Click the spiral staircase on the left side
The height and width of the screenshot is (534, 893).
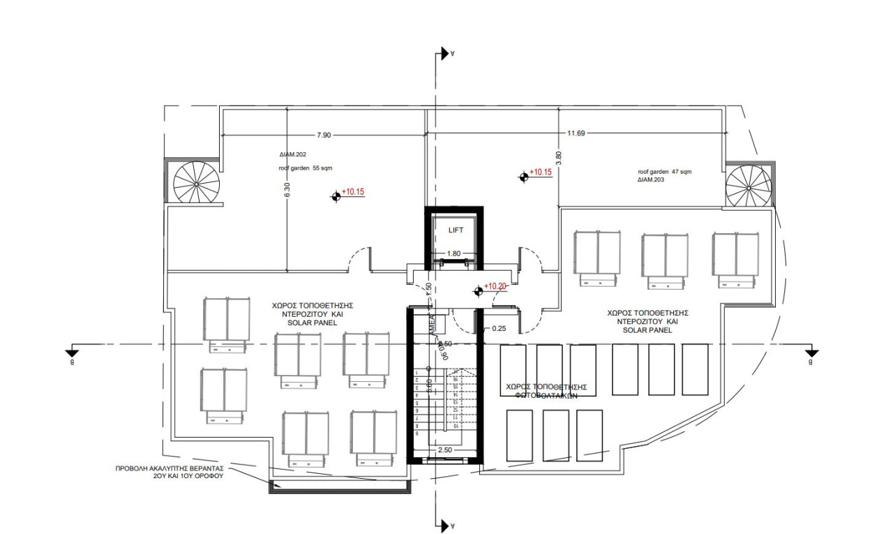point(196,182)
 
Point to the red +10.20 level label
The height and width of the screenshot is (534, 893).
point(495,285)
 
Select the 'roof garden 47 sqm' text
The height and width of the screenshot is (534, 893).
point(664,171)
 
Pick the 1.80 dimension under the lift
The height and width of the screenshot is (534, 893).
point(454,253)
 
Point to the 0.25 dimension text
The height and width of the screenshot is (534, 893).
point(499,327)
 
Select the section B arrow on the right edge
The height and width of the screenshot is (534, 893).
point(811,353)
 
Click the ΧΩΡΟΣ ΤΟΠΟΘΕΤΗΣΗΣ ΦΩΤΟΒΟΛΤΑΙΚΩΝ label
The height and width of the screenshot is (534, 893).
point(546,390)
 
